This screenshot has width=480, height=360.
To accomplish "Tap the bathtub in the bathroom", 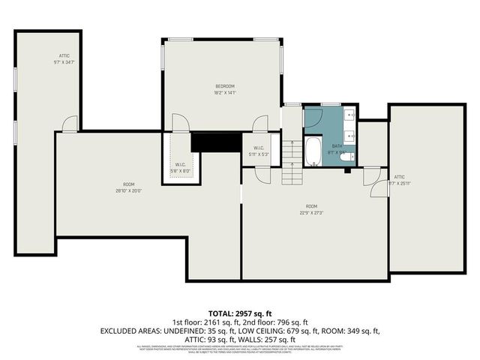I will click(x=313, y=150).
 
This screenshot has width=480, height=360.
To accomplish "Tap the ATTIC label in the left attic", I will click(x=65, y=55).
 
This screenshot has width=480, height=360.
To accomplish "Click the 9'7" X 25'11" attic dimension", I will click(x=398, y=182).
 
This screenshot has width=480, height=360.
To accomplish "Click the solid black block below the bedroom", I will click(x=209, y=141).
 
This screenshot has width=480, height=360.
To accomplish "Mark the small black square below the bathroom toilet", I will click(x=348, y=170).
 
